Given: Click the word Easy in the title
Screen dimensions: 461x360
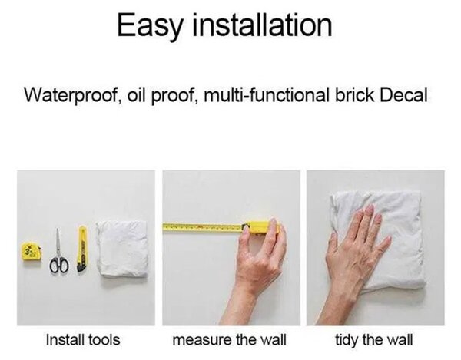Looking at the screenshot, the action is click(x=149, y=26).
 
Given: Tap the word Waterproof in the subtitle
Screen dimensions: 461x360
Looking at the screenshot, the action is click(x=71, y=95).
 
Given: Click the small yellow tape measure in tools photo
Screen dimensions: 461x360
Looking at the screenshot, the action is click(x=32, y=251).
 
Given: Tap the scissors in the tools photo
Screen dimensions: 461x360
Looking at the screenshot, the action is click(x=59, y=252).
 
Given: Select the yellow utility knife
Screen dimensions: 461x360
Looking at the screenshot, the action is click(x=82, y=249).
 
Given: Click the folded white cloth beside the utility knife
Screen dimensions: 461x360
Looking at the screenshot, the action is click(x=122, y=249).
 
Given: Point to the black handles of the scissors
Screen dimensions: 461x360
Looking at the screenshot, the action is click(x=59, y=265).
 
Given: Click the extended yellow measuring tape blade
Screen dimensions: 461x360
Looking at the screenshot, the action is click(x=203, y=227).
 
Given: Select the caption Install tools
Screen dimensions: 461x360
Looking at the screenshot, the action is click(x=83, y=340).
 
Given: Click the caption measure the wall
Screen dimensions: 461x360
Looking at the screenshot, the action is click(x=229, y=340).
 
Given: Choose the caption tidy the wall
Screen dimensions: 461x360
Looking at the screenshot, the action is click(x=374, y=340).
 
